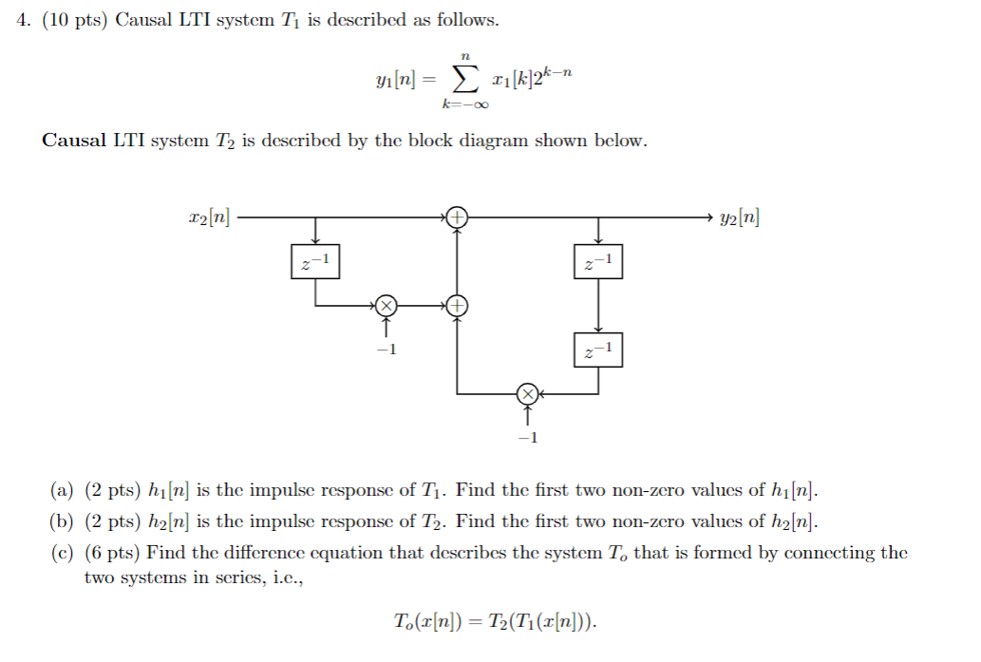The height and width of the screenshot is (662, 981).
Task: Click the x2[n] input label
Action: pyautogui.click(x=208, y=218)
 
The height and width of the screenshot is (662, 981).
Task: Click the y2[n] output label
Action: pyautogui.click(x=740, y=218)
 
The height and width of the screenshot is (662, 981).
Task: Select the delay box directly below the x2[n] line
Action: pyautogui.click(x=315, y=261)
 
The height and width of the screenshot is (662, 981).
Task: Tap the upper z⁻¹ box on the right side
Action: pyautogui.click(x=598, y=261)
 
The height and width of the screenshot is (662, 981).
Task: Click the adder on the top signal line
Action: pyautogui.click(x=458, y=218)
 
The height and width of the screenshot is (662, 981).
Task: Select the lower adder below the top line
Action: pyautogui.click(x=458, y=306)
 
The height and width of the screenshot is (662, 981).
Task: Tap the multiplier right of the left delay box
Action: pyautogui.click(x=386, y=306)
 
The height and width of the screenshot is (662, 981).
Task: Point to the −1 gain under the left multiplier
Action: pyautogui.click(x=385, y=350)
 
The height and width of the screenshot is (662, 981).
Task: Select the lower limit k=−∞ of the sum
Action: pyautogui.click(x=464, y=105)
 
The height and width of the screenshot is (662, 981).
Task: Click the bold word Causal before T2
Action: pyautogui.click(x=74, y=141)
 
